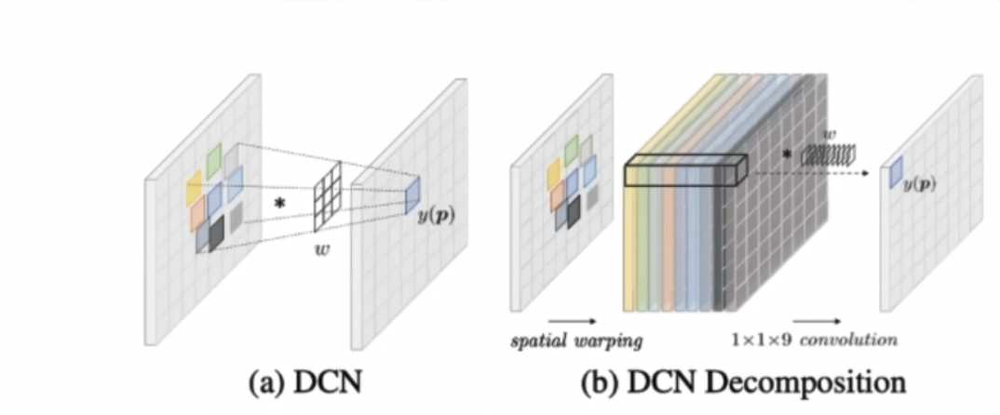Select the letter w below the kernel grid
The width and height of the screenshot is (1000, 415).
point(326,248)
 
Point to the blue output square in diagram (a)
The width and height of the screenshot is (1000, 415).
point(412,190)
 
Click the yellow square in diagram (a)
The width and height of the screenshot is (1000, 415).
point(194,188)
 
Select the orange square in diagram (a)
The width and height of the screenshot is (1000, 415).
point(197,214)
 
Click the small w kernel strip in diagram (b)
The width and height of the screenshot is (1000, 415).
point(821,154)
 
